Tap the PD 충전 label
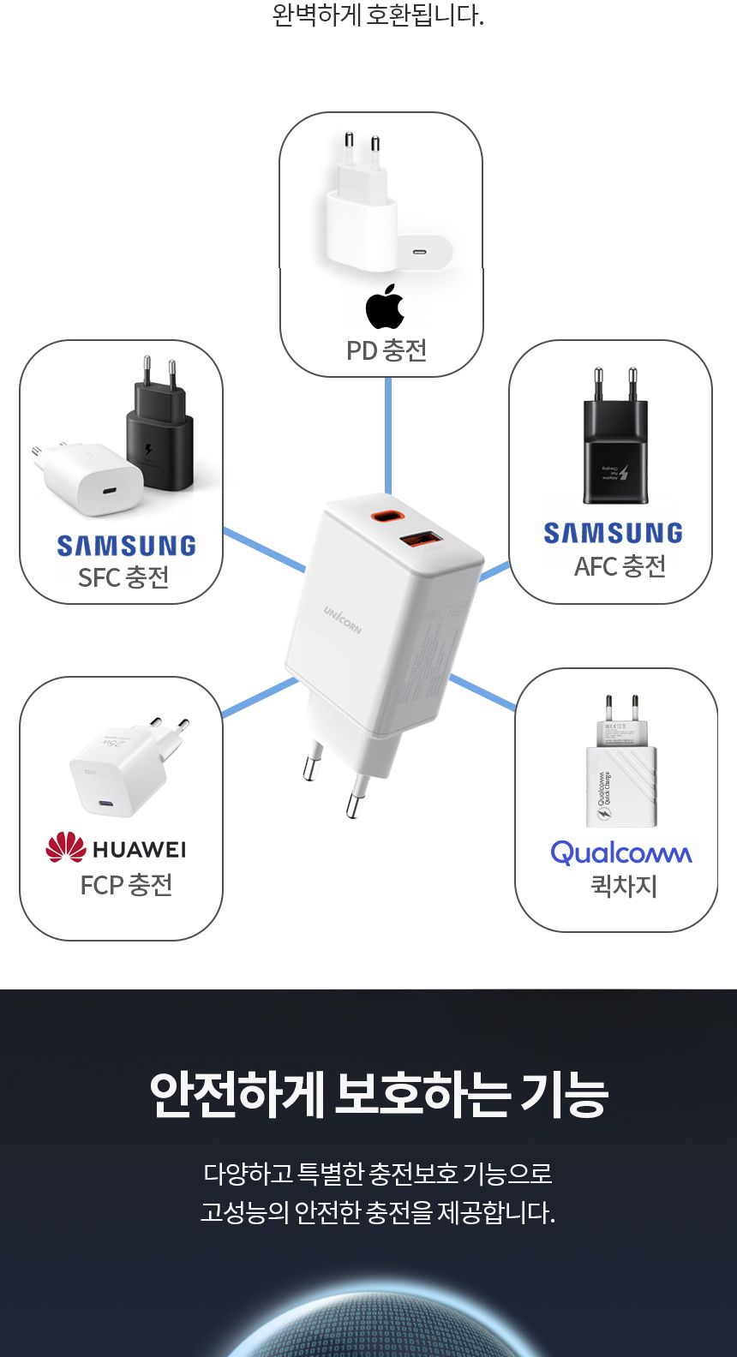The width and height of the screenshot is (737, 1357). [x=386, y=350]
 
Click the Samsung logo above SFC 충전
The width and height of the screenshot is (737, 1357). [x=126, y=546]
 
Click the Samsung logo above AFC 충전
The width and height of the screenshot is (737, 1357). [x=613, y=533]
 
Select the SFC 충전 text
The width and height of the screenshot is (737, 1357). [x=123, y=577]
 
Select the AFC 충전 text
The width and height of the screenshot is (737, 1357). [x=620, y=565]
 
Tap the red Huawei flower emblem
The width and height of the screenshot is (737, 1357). [x=66, y=847]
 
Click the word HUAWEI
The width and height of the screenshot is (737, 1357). [x=139, y=850]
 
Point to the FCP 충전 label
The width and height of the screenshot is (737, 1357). [x=126, y=884]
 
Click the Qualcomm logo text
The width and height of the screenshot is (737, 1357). [x=620, y=852]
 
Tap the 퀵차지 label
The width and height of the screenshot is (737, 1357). [x=624, y=885]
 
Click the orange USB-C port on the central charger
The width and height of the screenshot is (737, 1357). [x=385, y=517]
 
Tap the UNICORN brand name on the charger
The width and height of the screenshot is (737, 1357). [x=343, y=619]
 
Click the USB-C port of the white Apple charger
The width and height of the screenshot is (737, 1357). [x=420, y=253]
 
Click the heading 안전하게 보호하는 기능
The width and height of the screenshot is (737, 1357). [x=378, y=1094]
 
